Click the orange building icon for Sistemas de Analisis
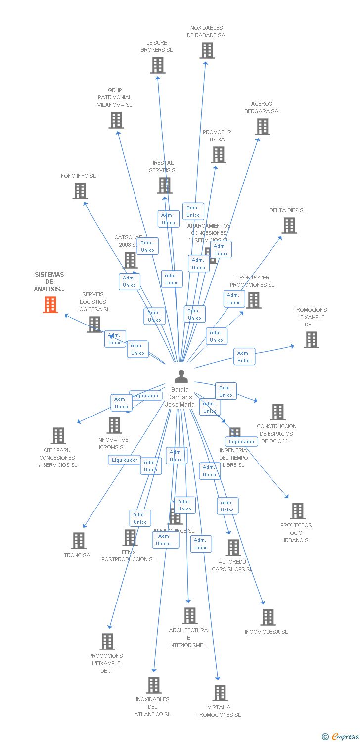point(50,305)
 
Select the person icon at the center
point(181,376)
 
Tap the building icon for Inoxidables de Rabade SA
point(207,50)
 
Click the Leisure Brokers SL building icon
point(158,65)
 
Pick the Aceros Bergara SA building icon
point(263,127)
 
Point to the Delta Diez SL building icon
point(289,226)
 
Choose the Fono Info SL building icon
point(80,191)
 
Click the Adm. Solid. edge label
point(244,356)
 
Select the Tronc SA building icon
point(79,541)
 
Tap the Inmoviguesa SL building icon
point(268,617)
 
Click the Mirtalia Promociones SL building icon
point(221,693)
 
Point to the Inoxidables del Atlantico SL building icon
point(154,685)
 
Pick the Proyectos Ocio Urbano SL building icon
point(298,511)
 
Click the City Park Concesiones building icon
point(58,436)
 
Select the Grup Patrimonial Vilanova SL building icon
point(116,120)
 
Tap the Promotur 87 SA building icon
point(219,155)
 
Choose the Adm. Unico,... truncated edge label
point(165,540)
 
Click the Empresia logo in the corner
point(341,737)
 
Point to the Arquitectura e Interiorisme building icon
point(190,616)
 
